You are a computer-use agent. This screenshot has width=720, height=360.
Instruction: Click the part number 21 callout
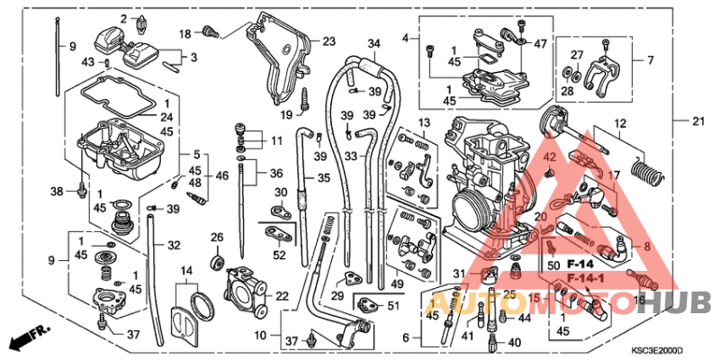(698, 121)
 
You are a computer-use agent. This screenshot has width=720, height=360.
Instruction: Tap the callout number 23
(328, 41)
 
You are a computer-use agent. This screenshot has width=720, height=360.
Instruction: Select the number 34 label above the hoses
(374, 42)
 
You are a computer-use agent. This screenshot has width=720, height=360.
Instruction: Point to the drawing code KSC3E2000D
(657, 350)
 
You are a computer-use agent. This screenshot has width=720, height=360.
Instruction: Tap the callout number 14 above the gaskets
(186, 270)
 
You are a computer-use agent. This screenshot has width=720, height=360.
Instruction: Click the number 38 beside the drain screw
(56, 192)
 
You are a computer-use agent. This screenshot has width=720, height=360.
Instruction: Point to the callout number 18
(184, 33)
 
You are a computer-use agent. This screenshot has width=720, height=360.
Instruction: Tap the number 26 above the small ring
(216, 238)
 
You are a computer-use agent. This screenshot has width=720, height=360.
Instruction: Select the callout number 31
(459, 274)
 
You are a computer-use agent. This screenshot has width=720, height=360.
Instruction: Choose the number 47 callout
(540, 43)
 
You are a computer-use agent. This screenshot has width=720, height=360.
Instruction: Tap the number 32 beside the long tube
(174, 244)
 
